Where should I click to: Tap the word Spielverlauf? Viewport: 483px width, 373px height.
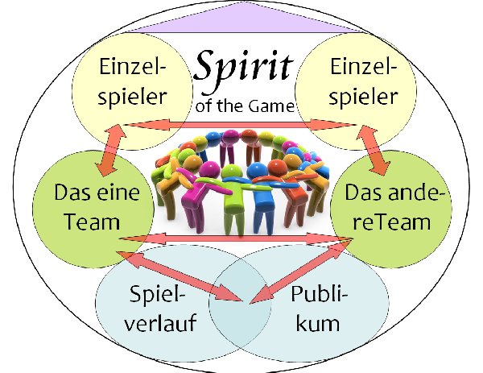(x=152, y=311)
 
